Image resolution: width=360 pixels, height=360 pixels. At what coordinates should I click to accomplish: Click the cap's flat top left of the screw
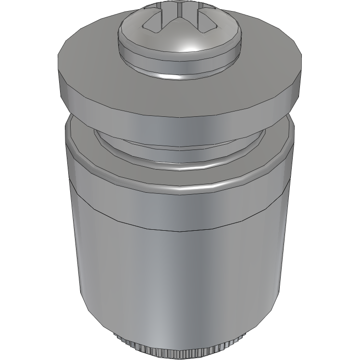pos(89,58)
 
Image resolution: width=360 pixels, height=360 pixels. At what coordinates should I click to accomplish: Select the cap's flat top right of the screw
pos(272,58)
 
